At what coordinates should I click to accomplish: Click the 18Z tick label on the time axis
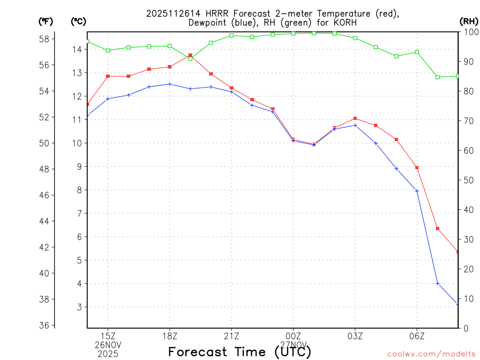170,336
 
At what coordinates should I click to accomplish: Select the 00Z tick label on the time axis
293,336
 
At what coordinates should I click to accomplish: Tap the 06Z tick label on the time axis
417,336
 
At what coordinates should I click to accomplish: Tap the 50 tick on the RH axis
467,180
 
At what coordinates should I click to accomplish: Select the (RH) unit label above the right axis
469,21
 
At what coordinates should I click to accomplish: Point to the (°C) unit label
79,21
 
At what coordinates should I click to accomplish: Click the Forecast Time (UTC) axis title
240,352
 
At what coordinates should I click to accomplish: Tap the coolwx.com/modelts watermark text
431,354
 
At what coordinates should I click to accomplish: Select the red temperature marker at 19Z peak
190,55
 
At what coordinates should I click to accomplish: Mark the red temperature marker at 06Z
417,167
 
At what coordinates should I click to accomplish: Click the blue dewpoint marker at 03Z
355,125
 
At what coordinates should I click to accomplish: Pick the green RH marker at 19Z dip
190,59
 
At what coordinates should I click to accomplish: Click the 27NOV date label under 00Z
293,345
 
